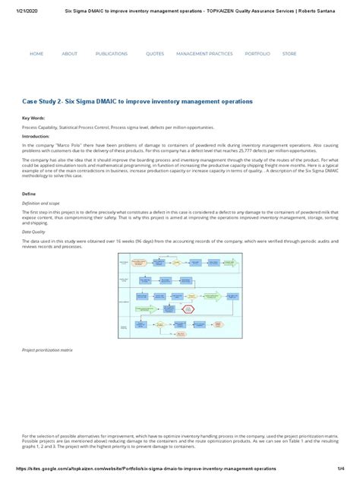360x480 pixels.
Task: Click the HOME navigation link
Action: pyautogui.click(x=36, y=54)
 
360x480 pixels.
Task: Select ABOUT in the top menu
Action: pyautogui.click(x=69, y=54)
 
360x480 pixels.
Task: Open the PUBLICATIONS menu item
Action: pyautogui.click(x=112, y=54)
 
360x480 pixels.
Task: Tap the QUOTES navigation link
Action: pyautogui.click(x=155, y=54)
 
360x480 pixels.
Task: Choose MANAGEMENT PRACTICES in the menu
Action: pyautogui.click(x=204, y=54)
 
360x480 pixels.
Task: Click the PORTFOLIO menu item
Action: pyautogui.click(x=257, y=54)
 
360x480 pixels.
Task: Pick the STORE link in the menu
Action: pyautogui.click(x=289, y=54)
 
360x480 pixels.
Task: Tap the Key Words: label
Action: pyautogui.click(x=33, y=119)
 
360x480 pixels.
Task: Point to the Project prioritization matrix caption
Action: pyautogui.click(x=48, y=351)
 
